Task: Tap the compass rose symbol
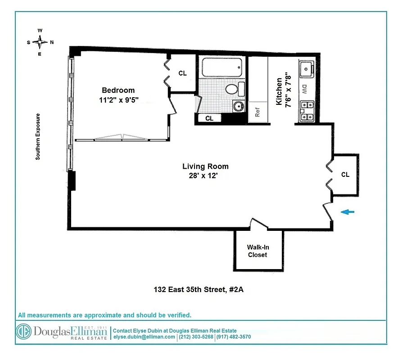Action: (x=40, y=42)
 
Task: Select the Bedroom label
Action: (x=118, y=90)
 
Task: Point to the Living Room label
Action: (x=205, y=166)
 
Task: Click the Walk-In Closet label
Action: (x=257, y=251)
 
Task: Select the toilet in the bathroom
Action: (x=233, y=88)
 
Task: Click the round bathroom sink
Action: (x=238, y=106)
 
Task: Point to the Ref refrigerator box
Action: (x=258, y=112)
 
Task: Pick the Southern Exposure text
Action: (x=38, y=136)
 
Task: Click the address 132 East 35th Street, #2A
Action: (x=198, y=290)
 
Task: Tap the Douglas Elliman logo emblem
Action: (x=23, y=332)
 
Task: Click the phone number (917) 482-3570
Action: (x=233, y=337)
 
